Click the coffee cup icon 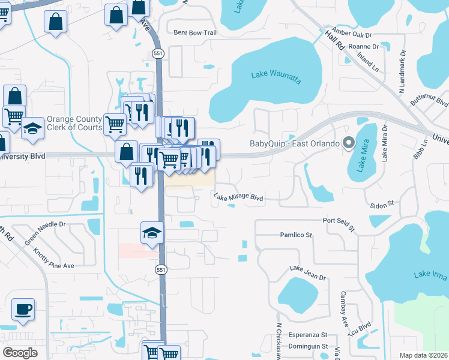[x=23, y=310]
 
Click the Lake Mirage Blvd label [x=238, y=196]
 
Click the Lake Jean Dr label [x=307, y=273]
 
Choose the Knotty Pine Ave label [x=54, y=258]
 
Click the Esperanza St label [x=307, y=335]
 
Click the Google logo [x=20, y=353]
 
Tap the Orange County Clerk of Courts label [x=74, y=123]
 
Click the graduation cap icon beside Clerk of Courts [x=33, y=129]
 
